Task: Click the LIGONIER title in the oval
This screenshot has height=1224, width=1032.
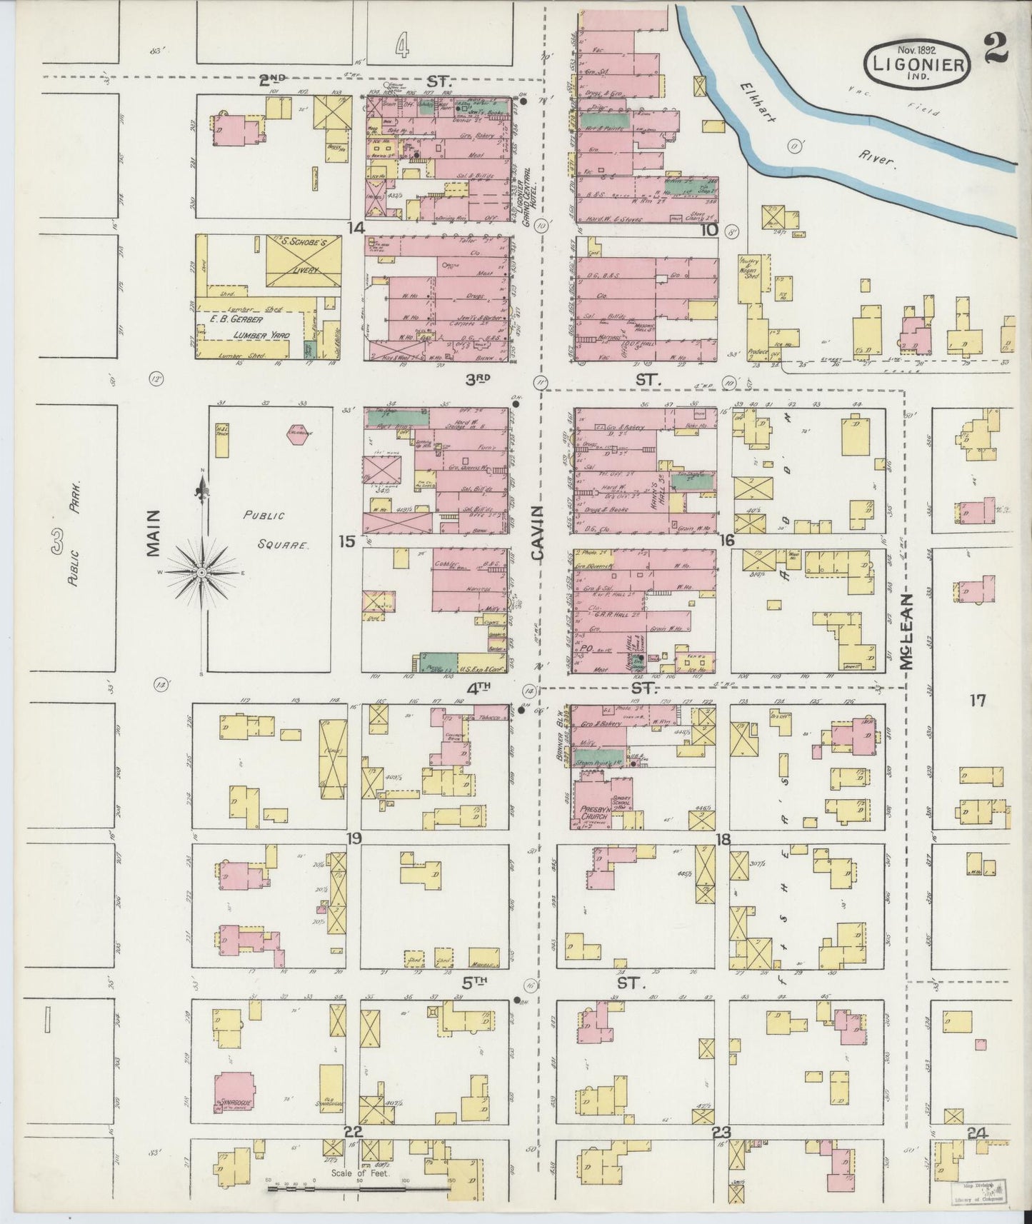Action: (918, 64)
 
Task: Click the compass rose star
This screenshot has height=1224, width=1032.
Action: (201, 573)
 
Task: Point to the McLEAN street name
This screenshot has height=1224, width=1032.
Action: (906, 631)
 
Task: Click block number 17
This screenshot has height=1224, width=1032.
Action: (977, 701)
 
